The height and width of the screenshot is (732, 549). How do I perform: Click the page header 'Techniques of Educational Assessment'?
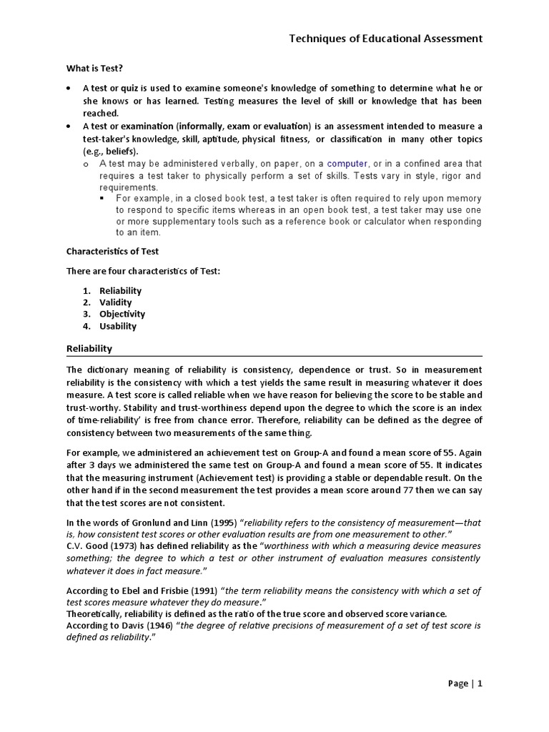385,38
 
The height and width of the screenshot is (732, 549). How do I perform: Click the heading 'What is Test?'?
94,68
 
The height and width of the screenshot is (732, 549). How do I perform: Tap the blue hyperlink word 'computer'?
347,164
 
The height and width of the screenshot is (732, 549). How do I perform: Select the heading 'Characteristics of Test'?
112,251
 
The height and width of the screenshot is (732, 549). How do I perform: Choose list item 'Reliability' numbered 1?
120,290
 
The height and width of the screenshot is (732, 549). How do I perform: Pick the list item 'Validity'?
116,302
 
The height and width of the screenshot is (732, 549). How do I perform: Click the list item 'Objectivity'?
122,314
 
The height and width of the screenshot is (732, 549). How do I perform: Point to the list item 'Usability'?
118,326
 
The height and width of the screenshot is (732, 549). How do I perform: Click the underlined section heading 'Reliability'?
89,348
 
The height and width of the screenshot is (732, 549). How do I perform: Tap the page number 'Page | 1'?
465,683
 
